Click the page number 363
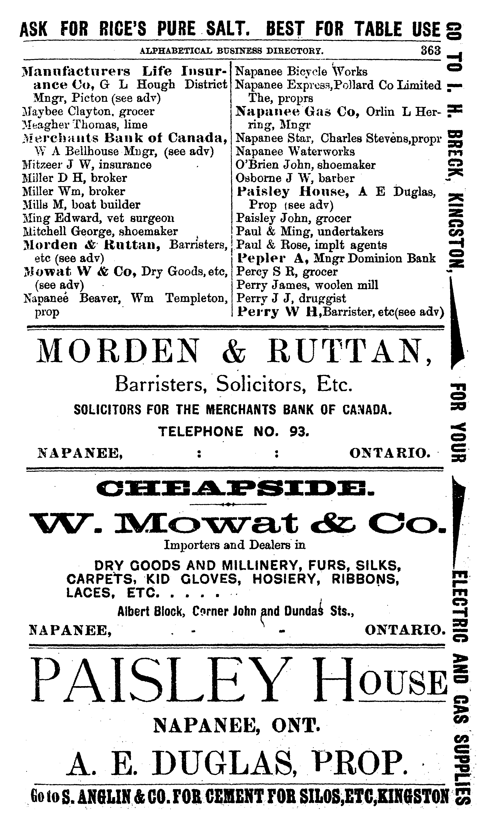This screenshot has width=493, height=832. (x=430, y=51)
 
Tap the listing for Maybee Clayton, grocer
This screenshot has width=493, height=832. (x=88, y=111)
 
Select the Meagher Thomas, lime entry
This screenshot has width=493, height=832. (x=85, y=125)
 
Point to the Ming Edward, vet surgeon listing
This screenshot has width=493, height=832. (x=98, y=218)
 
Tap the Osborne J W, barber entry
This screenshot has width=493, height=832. (x=295, y=178)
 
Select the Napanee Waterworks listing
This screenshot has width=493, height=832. (x=295, y=151)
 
